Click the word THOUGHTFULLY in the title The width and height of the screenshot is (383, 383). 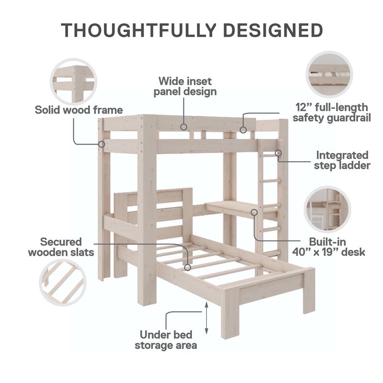139,30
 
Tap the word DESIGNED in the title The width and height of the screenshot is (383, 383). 273,30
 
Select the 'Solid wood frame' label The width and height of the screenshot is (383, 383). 79,110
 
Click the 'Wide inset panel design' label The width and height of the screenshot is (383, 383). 185,86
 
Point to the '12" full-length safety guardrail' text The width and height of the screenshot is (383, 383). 332,113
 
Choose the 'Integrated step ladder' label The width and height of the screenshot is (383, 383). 342,160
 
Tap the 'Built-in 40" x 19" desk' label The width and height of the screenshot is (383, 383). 328,247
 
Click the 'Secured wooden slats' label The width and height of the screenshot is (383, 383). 61,247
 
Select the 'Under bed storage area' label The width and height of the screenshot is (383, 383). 166,340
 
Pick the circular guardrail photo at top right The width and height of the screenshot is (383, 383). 329,75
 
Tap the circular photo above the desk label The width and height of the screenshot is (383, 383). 327,209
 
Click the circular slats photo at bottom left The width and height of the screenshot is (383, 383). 63,282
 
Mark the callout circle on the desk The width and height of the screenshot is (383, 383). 254,212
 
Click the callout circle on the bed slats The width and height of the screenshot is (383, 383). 188,268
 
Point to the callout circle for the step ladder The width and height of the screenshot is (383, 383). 278,153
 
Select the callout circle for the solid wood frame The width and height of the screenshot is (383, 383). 101,144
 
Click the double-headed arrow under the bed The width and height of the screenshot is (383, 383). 206,318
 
